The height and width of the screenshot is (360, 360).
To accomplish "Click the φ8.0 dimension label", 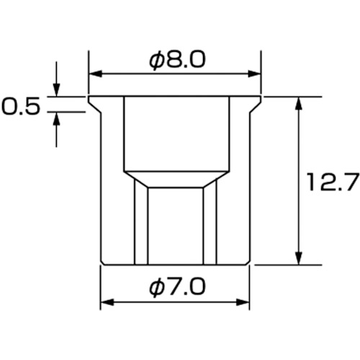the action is [x=177, y=60].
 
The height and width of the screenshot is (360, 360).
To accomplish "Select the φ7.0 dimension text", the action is [x=177, y=287].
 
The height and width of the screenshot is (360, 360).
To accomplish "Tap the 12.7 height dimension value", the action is [x=333, y=182].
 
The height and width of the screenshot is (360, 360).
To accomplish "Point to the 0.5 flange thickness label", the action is [x=20, y=106].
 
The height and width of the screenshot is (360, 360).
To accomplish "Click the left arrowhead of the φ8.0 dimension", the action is [x=96, y=73].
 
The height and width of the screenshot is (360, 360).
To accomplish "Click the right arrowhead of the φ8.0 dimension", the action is [x=254, y=73].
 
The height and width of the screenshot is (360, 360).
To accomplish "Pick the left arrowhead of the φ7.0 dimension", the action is [x=107, y=302].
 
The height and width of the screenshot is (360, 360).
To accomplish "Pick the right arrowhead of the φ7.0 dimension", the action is [x=243, y=302].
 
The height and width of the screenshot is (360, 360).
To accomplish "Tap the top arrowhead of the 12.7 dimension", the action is [x=298, y=104].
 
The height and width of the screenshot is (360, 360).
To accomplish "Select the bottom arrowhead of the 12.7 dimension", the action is [x=298, y=258].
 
